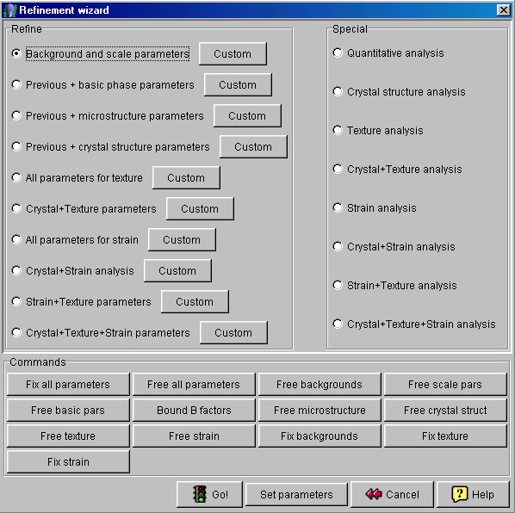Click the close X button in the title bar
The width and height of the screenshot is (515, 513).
point(504,10)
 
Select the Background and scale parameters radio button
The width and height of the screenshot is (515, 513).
point(16,53)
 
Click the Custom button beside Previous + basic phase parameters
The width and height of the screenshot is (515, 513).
point(238,84)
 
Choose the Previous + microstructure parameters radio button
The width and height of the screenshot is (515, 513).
point(16,115)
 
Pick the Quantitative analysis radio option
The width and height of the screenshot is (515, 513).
point(338,53)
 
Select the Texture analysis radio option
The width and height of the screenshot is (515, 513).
point(338,130)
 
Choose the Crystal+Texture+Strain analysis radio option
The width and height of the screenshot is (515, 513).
point(338,324)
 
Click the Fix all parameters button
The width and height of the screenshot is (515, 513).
point(68,384)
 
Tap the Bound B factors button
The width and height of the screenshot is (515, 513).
point(194,410)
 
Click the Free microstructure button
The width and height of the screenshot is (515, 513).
point(320,410)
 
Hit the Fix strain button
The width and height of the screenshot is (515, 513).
point(68,462)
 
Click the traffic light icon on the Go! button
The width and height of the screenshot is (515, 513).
point(200,494)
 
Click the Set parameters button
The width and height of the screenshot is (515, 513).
point(296,494)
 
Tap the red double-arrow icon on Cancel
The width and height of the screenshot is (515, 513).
point(374,494)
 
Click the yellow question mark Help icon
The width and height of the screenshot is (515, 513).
point(460,494)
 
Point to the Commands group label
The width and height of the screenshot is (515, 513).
point(38,362)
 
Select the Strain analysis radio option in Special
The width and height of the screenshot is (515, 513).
point(338,207)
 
